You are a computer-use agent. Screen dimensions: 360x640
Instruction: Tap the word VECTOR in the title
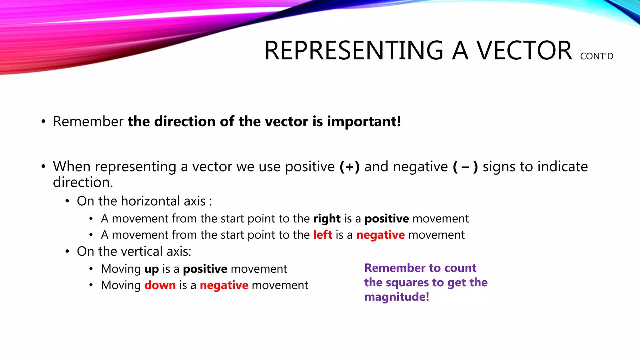point(524,51)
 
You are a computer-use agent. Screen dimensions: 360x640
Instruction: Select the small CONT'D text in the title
point(597,57)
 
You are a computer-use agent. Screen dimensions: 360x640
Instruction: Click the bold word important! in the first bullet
point(364,121)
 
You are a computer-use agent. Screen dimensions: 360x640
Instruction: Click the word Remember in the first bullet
point(88,121)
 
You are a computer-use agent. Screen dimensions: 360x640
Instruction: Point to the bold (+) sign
point(349,167)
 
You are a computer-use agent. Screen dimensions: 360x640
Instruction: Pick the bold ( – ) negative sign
point(465,167)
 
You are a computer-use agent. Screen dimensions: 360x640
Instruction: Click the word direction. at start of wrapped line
point(83,182)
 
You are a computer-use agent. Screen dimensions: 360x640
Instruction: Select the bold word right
point(327,218)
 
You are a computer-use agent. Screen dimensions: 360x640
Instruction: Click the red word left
point(322,235)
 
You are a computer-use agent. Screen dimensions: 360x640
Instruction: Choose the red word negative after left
point(380,235)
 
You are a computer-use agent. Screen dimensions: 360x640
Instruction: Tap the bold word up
point(152,269)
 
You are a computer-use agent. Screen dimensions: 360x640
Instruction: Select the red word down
point(160,285)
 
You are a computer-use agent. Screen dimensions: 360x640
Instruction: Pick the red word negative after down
point(224,285)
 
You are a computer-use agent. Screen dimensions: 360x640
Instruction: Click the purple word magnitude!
point(397,297)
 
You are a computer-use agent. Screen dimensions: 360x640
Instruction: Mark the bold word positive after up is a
point(205,269)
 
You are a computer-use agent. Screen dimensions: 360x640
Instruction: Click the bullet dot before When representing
point(43,167)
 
